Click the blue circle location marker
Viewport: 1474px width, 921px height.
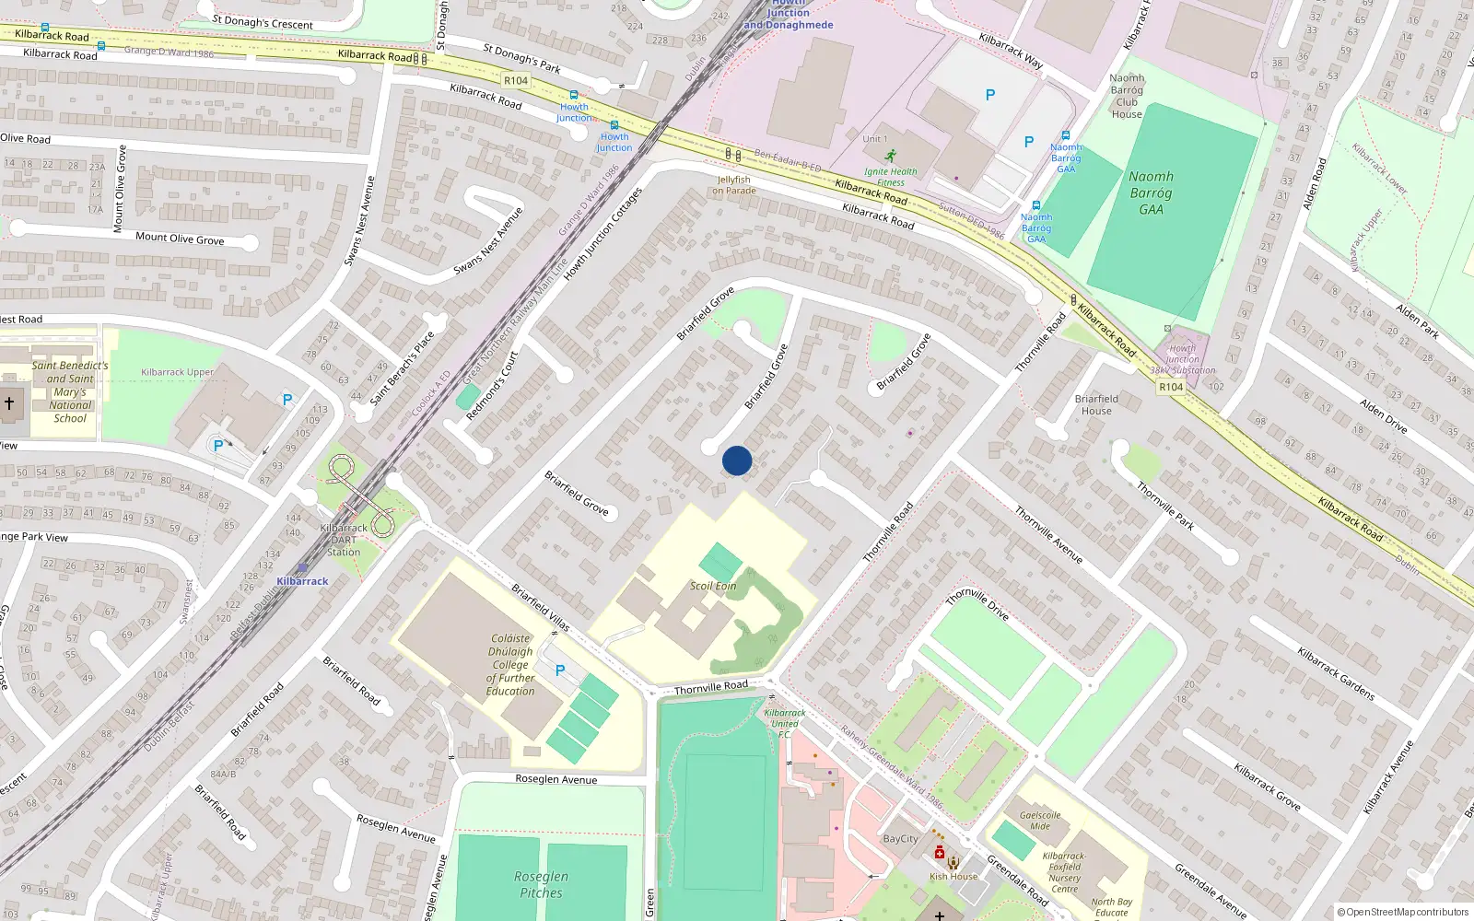tap(737, 460)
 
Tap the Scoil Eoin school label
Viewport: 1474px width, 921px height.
tap(713, 586)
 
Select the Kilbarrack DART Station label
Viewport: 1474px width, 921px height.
tap(344, 540)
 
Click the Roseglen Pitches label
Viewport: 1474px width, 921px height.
tap(541, 884)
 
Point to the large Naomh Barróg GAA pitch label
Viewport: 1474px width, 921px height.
tap(1151, 192)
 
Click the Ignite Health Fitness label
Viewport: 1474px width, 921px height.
tap(890, 176)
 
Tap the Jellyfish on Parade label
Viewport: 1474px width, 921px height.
tap(733, 185)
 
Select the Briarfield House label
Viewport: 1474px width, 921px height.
tap(1096, 404)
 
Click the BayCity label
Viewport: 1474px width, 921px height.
tap(900, 839)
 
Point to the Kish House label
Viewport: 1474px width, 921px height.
tap(953, 876)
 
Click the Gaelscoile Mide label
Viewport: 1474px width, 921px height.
tap(1040, 821)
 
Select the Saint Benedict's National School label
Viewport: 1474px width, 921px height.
tap(70, 391)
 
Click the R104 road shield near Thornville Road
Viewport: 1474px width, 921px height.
tap(1171, 387)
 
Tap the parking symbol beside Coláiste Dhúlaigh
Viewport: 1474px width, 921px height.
tap(560, 670)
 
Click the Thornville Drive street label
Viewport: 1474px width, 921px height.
tap(977, 605)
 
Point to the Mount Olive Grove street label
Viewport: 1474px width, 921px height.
tap(180, 239)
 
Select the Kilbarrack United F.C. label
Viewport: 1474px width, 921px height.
tap(784, 723)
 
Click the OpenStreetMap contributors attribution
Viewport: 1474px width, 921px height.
tap(1403, 912)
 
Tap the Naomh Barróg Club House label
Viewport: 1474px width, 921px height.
tap(1127, 96)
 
